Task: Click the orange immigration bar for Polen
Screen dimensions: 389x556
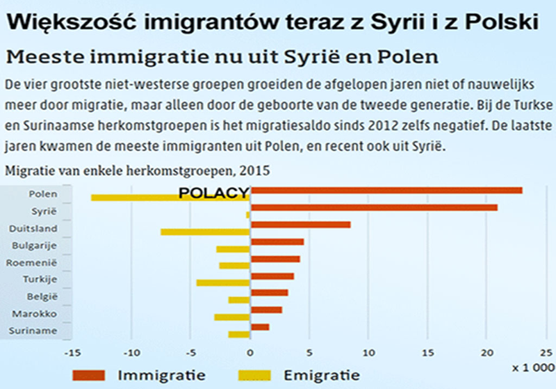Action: (x=386, y=190)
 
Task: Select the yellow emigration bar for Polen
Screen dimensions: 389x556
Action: (x=170, y=198)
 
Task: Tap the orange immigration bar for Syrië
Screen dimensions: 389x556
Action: (x=374, y=207)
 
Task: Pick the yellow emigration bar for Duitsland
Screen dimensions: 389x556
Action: (x=205, y=232)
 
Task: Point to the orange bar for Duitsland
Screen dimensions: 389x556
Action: (x=301, y=225)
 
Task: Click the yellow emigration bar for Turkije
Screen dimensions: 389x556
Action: (x=223, y=283)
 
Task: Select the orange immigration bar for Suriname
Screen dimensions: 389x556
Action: (x=260, y=327)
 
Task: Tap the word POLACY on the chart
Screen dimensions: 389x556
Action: (x=213, y=194)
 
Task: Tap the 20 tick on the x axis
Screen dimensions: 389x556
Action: (x=488, y=351)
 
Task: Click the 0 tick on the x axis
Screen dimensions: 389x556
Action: (x=250, y=351)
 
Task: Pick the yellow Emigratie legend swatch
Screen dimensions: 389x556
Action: (x=265, y=375)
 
